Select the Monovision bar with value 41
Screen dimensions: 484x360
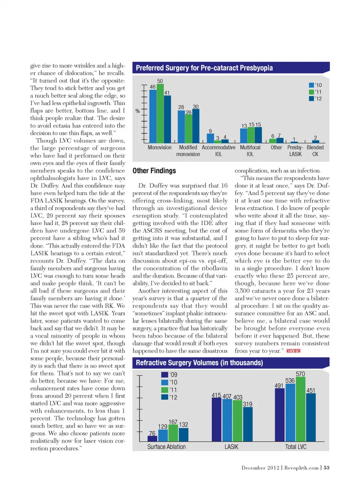click(167, 119)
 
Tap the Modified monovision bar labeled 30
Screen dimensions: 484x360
click(195, 126)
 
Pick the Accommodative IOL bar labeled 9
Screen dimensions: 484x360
click(210, 138)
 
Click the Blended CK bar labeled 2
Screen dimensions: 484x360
click(315, 141)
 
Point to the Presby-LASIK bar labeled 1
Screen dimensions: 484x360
click(294, 142)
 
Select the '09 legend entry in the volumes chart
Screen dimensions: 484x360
click(169, 374)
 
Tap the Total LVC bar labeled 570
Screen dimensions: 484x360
click(300, 409)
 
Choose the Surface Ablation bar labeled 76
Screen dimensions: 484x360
click(152, 439)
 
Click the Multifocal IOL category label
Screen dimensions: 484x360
click(250, 151)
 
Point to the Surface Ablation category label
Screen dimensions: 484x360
click(166, 447)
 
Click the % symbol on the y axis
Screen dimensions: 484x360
click(137, 111)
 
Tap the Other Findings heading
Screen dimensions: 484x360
click(154, 171)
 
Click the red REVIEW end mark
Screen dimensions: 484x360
click(294, 351)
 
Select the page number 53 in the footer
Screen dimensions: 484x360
click(327, 467)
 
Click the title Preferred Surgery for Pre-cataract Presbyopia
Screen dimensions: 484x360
click(204, 68)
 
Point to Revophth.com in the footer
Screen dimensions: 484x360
click(301, 467)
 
